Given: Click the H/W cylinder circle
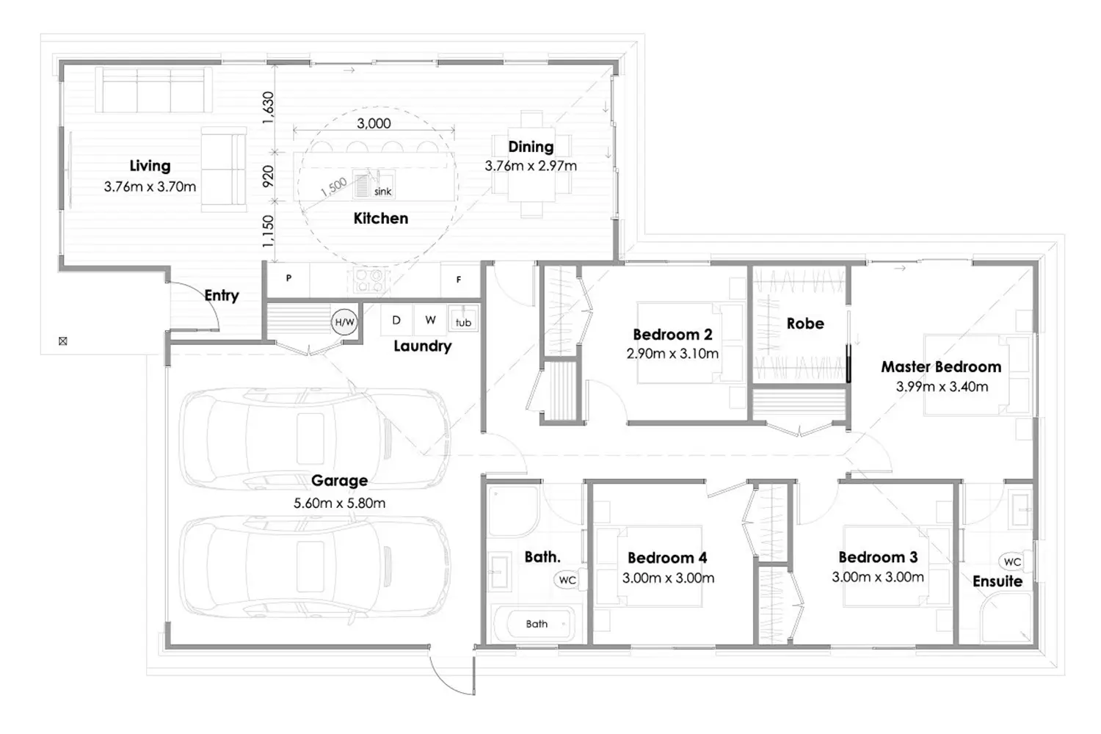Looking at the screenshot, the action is pyautogui.click(x=344, y=322).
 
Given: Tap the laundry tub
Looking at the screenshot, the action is pyautogui.click(x=463, y=319).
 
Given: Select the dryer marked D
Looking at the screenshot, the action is pyautogui.click(x=396, y=321).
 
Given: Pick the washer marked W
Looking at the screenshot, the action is pyautogui.click(x=430, y=321).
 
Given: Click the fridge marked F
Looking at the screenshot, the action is pyautogui.click(x=459, y=279).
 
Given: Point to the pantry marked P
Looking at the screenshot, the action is pyautogui.click(x=288, y=279).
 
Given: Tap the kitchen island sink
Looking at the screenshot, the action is pyautogui.click(x=373, y=185).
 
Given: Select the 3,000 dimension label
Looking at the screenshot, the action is pyautogui.click(x=374, y=123).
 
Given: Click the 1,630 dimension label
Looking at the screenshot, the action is pyautogui.click(x=268, y=108).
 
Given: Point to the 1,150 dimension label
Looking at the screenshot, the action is pyautogui.click(x=268, y=231).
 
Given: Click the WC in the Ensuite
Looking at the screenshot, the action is pyautogui.click(x=1012, y=562).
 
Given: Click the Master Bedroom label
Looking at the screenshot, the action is pyautogui.click(x=941, y=367).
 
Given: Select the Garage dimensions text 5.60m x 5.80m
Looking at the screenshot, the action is pyautogui.click(x=340, y=503).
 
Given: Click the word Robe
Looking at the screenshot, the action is pyautogui.click(x=805, y=324).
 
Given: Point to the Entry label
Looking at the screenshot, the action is pyautogui.click(x=222, y=296).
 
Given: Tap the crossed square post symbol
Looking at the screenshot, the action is pyautogui.click(x=63, y=341).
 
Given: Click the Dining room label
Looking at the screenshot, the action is pyautogui.click(x=531, y=147).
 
